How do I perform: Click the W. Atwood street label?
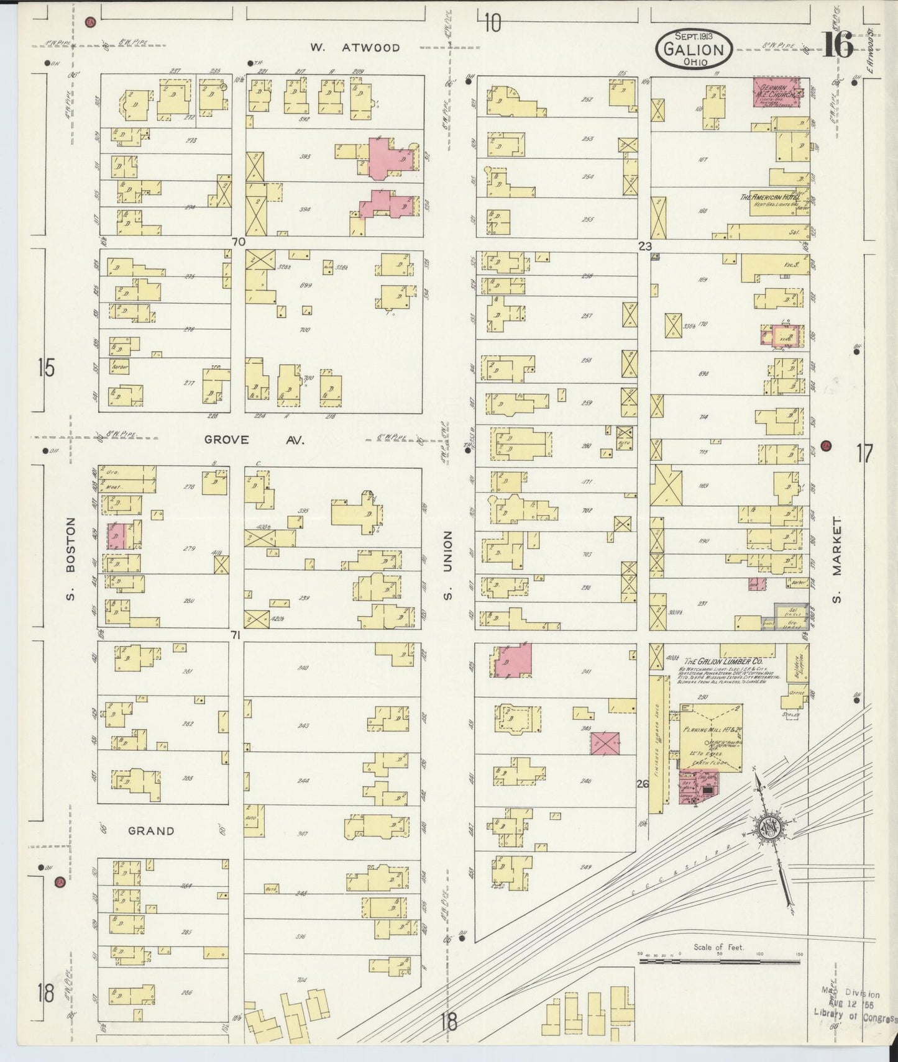355,47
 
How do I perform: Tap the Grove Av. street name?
254,440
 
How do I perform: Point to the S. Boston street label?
70,559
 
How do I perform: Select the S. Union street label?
447,565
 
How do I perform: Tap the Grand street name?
151,831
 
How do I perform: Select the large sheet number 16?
838,45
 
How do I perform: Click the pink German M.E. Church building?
775,93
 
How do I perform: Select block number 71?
236,635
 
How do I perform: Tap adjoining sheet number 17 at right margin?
864,454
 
